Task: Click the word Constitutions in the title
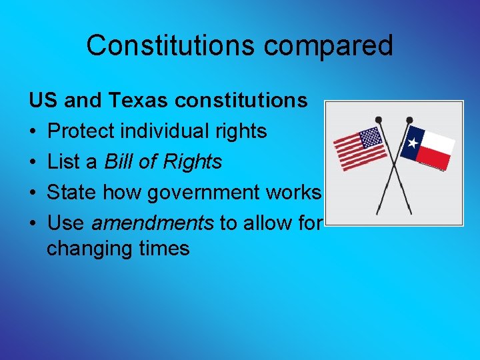coord(171,45)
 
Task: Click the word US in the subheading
coord(42,101)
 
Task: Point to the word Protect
coord(83,131)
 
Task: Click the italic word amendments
coord(158,223)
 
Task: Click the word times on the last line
coord(166,249)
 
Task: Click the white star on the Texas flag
coord(413,143)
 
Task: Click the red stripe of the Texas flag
coord(435,159)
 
